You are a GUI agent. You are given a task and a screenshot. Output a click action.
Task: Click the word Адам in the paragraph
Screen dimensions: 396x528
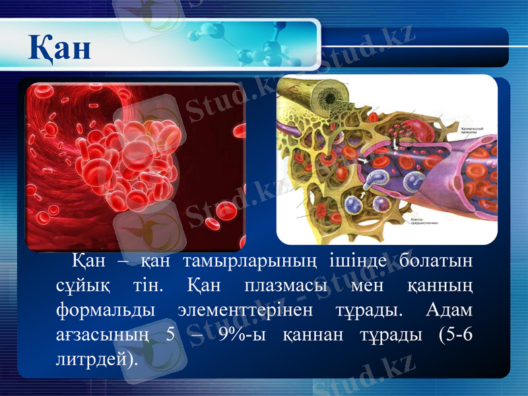450,310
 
